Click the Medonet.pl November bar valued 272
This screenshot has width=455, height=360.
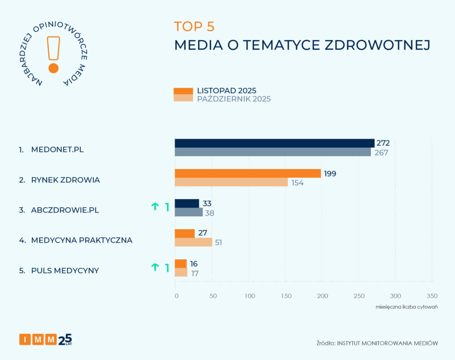tap(274, 143)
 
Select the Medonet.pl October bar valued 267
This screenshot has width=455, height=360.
tap(272, 152)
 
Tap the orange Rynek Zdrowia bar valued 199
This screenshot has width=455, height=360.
tap(247, 173)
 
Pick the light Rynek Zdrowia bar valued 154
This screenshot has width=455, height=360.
tap(231, 182)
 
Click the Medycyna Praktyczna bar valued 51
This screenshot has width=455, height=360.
tap(193, 242)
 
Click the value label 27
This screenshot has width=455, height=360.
tap(203, 233)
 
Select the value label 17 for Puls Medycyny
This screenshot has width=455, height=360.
tap(195, 273)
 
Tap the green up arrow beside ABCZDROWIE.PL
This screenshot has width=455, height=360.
tap(155, 206)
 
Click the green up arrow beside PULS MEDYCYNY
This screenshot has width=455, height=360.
tap(155, 267)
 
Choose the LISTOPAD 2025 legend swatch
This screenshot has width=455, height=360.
tap(183, 91)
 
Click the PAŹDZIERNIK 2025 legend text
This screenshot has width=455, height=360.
tap(234, 99)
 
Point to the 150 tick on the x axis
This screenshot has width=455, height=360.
tap(287, 296)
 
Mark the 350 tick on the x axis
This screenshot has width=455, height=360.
tap(431, 296)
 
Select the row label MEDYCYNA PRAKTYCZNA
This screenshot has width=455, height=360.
tap(82, 240)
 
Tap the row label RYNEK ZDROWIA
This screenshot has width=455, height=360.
tap(65, 180)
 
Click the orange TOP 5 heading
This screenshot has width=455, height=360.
tap(194, 27)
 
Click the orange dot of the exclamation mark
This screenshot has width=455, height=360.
tap(53, 68)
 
